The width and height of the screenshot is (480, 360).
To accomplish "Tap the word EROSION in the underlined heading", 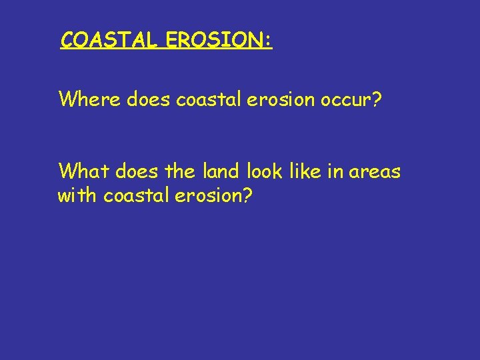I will click(211, 41).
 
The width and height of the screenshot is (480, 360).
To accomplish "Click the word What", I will click(84, 172).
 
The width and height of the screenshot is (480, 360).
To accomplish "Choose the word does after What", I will click(138, 172).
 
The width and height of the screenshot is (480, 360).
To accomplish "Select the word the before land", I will click(181, 172).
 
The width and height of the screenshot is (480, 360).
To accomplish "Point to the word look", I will click(266, 172).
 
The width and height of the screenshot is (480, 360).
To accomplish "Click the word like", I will click(306, 172).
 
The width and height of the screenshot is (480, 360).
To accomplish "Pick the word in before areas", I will click(336, 172).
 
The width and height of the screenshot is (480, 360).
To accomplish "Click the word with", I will click(78, 197).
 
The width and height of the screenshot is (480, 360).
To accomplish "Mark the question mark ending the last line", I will click(248, 197).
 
